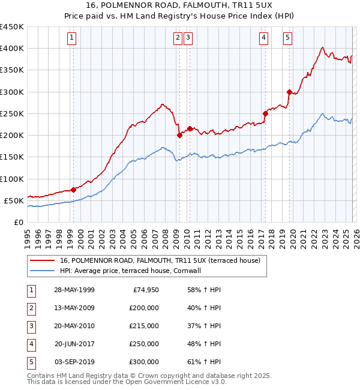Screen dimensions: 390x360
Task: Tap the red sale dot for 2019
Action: coord(289,92)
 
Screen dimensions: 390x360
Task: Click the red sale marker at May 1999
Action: coord(73,190)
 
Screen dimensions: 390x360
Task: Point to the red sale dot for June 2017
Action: coord(265,113)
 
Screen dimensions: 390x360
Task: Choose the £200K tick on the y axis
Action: coord(12,135)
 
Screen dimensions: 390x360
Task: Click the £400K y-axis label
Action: coord(12,49)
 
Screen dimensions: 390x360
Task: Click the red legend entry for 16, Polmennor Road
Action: coord(160,261)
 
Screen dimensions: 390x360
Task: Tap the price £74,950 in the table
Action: coord(143,290)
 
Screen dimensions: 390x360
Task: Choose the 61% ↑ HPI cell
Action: coord(204,362)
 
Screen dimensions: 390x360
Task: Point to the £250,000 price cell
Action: coord(143,344)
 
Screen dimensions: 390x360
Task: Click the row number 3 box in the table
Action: coord(31,326)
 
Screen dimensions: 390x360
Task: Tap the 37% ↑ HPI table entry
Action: coord(204,326)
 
